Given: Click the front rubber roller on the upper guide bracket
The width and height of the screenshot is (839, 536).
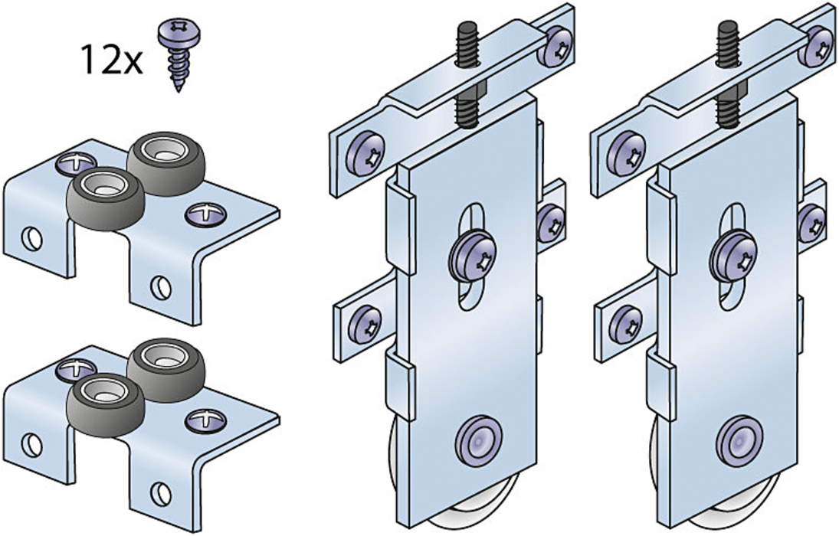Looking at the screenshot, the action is click(106, 198).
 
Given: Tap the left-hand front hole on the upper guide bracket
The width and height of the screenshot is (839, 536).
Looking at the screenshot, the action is click(33, 239).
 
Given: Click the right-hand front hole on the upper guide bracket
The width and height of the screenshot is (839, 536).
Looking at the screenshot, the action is click(161, 288).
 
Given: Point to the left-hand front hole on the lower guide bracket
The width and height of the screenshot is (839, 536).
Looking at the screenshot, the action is click(33, 443).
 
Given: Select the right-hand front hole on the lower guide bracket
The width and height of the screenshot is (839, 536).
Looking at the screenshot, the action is click(161, 492).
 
